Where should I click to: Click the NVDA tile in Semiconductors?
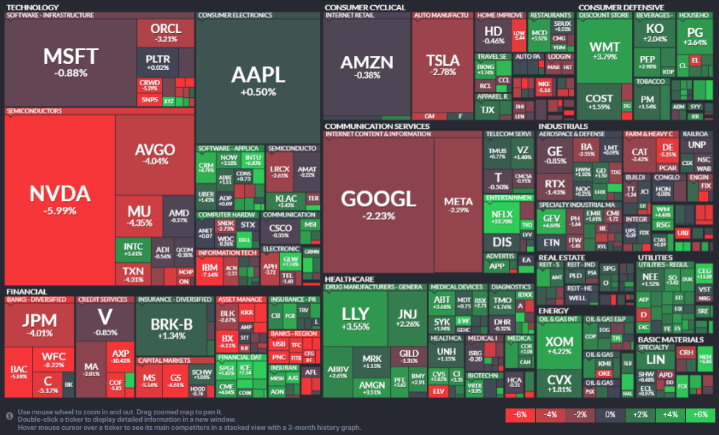coord(60,199)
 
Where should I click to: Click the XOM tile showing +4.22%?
coord(559,345)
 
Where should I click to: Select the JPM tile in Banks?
coord(39,325)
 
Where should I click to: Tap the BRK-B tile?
coord(171,328)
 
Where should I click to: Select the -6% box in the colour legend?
coord(520,414)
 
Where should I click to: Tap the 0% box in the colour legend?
coord(610,414)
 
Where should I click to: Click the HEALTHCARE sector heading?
coord(349,279)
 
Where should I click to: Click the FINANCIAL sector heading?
coord(26,291)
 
